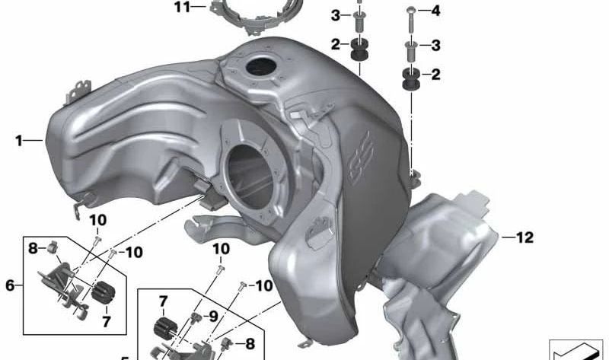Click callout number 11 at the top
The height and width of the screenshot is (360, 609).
[x=180, y=8]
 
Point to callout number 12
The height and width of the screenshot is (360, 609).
[x=525, y=238]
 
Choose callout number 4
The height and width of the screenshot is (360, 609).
[x=435, y=11]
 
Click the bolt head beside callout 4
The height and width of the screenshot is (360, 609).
[x=410, y=11]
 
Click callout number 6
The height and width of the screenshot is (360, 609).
[x=10, y=285]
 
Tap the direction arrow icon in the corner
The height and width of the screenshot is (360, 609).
[x=576, y=349]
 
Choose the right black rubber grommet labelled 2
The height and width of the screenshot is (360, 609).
[x=410, y=78]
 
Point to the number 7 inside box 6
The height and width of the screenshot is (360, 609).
[x=106, y=321]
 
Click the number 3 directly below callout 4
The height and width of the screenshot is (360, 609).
[x=435, y=46]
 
